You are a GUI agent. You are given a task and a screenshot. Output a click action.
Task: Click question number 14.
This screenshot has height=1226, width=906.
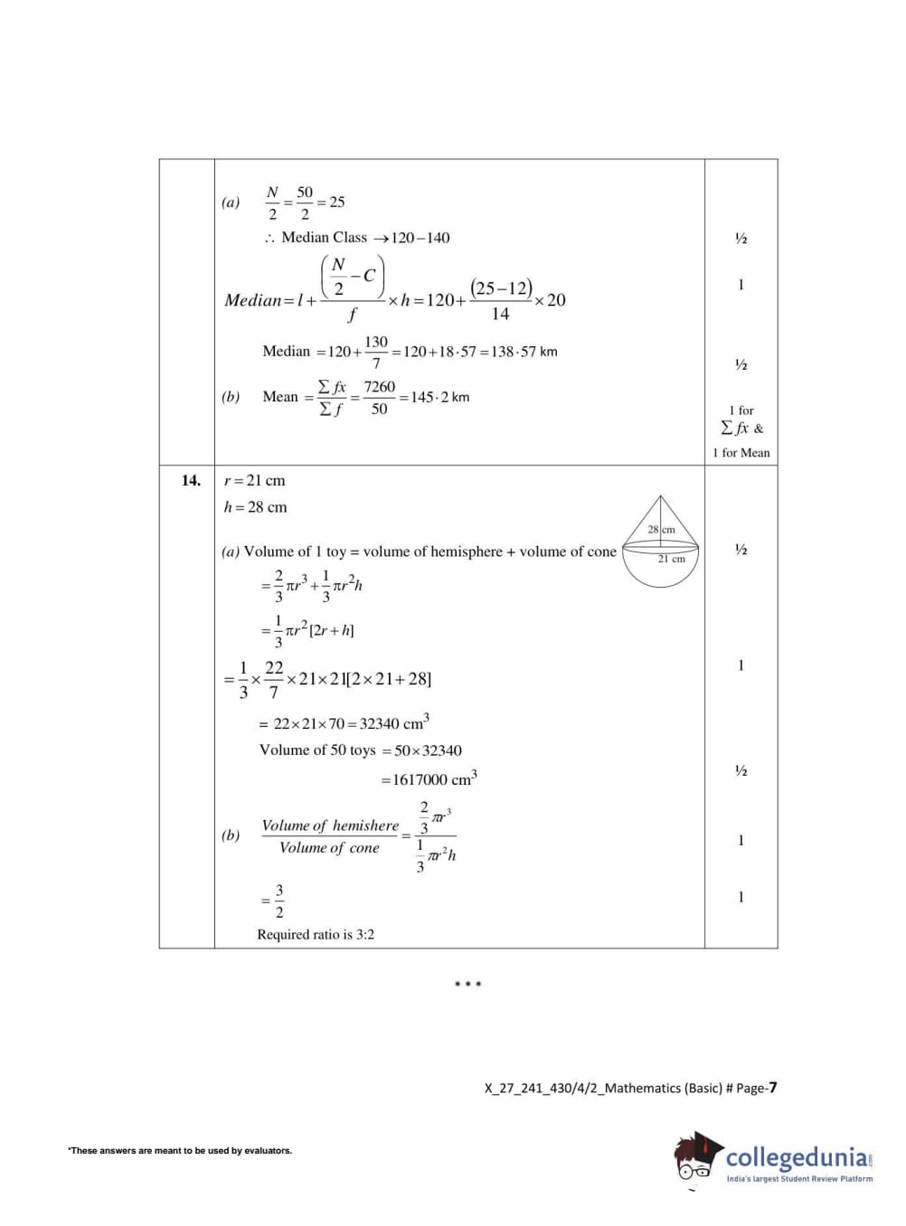click(x=190, y=480)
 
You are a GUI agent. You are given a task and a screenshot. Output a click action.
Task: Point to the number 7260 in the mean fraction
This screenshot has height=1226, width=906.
click(x=380, y=387)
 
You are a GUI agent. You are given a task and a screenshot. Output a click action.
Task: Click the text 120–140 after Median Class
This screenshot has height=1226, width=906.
click(x=420, y=238)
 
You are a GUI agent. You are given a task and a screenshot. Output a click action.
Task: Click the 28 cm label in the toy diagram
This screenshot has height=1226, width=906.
click(x=661, y=529)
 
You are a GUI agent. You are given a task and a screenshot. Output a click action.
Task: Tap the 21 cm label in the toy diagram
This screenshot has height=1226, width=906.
click(x=671, y=559)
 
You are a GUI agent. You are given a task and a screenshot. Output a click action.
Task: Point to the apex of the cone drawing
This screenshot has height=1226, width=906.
click(x=661, y=496)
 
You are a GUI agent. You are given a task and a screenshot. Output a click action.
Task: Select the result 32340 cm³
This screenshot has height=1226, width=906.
click(x=394, y=723)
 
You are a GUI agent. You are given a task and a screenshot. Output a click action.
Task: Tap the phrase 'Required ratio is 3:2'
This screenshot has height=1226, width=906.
click(x=316, y=935)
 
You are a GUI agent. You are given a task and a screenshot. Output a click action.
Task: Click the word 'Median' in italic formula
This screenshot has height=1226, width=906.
click(x=253, y=300)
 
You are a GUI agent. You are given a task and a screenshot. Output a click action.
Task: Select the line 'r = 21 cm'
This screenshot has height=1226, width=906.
click(x=254, y=481)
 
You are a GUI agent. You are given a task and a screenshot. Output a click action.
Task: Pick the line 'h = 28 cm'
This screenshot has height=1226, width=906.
click(x=255, y=507)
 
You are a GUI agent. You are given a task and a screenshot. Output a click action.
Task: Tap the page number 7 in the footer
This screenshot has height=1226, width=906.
click(x=772, y=1088)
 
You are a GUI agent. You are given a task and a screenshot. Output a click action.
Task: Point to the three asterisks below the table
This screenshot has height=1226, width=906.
click(x=467, y=985)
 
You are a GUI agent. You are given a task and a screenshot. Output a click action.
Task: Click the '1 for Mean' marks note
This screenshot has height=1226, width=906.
click(x=741, y=453)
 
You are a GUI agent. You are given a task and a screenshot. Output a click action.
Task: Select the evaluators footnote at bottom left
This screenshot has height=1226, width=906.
click(x=180, y=1151)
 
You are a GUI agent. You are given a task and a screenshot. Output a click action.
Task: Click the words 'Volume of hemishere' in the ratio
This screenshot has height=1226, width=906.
click(x=330, y=825)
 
